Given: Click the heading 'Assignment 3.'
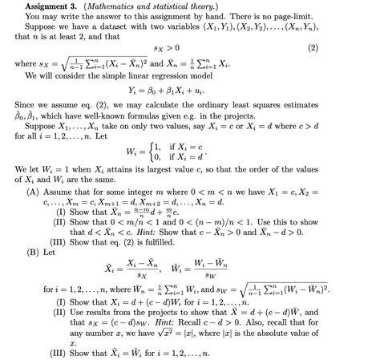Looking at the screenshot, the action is click(35, 6).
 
